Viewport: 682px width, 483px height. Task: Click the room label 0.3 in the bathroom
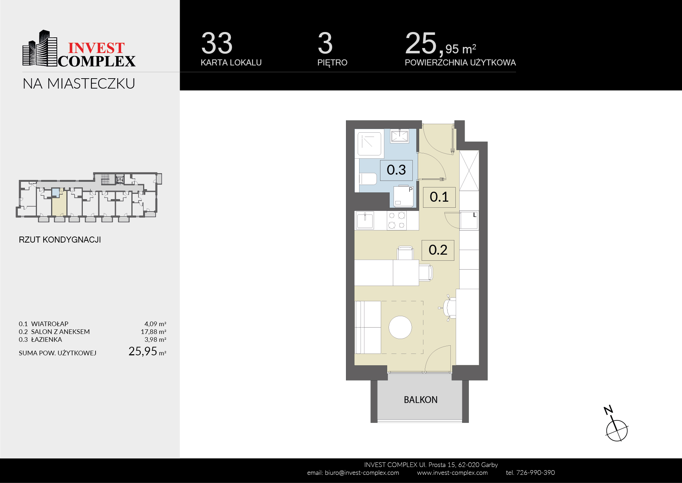click(396, 170)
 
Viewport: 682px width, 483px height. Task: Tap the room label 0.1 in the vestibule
click(439, 197)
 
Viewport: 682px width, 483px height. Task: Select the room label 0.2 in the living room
click(438, 250)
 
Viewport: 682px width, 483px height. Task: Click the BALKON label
click(421, 400)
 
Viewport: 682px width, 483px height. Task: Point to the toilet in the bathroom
click(368, 179)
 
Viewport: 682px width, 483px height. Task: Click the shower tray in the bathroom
click(369, 144)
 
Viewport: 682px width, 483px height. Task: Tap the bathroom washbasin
click(400, 136)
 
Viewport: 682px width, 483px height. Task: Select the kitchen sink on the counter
click(365, 220)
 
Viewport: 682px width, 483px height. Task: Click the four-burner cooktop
click(397, 220)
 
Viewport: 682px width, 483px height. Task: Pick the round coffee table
click(400, 327)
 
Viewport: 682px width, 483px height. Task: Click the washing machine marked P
click(404, 196)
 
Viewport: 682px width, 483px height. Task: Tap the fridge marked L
click(469, 221)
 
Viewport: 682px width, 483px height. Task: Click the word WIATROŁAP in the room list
click(50, 324)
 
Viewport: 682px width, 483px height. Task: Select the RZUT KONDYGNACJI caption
click(60, 240)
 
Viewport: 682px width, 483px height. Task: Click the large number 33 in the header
click(217, 43)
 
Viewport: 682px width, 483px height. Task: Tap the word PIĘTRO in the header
click(332, 63)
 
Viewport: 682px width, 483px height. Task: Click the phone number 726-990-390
click(535, 473)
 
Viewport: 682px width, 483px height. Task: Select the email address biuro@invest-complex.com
click(362, 473)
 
